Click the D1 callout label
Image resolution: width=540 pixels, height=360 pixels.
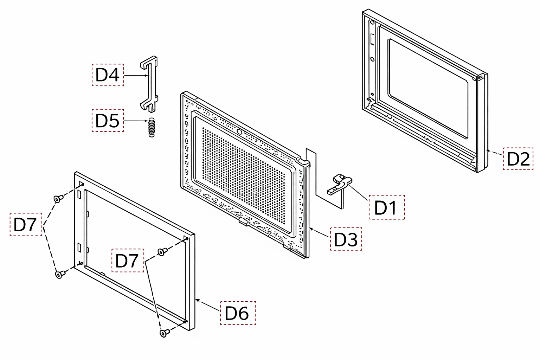tap(386, 207)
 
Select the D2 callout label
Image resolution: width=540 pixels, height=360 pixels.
tap(518, 159)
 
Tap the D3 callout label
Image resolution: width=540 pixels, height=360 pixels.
tap(346, 239)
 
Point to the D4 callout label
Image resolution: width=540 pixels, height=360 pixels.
tap(108, 75)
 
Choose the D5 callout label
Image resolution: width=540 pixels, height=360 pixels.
tap(108, 120)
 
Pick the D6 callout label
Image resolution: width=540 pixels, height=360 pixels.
tap(238, 313)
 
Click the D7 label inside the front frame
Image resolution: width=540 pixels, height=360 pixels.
tap(128, 261)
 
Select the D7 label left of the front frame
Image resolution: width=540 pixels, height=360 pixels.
tap(26, 225)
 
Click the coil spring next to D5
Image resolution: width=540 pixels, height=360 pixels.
tap(151, 128)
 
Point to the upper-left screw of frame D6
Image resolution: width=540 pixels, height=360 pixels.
tap(58, 199)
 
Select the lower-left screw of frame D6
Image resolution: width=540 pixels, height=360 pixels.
tap(60, 275)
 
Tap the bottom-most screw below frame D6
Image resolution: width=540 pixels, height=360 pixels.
tap(165, 333)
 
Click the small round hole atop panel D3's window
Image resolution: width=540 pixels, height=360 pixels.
tap(239, 131)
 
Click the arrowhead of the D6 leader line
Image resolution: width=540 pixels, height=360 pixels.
tap(197, 300)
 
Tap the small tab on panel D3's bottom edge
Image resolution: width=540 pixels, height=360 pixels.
tap(244, 221)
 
